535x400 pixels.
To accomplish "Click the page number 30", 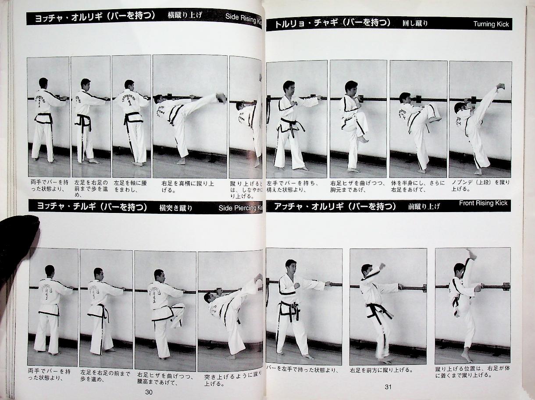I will [x=149, y=392].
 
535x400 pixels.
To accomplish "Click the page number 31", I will [x=388, y=387].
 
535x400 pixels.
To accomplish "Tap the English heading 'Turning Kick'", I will [x=491, y=24].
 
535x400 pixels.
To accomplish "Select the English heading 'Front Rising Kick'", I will [x=483, y=203].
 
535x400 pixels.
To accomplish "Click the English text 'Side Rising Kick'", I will [x=244, y=17].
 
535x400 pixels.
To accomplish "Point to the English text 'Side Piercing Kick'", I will [x=240, y=208].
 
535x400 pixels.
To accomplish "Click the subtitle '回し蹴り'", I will [x=415, y=23].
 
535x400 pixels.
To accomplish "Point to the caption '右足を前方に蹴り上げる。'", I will [x=381, y=370].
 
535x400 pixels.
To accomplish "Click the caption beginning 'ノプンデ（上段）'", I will [x=480, y=186].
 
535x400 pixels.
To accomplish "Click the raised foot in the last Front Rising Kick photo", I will [x=471, y=253].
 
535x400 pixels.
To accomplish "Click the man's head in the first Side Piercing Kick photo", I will [x=50, y=270].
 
